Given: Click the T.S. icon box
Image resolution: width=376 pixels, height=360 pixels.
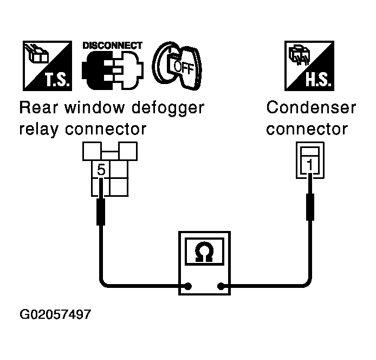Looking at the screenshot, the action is tap(47, 66).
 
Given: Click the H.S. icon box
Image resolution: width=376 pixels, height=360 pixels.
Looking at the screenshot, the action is tap(309, 66).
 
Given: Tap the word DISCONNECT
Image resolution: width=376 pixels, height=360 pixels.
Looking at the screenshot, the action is tap(113, 46).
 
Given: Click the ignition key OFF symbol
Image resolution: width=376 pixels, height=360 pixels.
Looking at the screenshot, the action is tap(177, 66).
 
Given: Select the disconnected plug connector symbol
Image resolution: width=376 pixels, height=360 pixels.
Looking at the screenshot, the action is tap(113, 70).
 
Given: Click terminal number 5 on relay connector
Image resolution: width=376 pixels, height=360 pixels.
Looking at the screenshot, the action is tap(101, 170).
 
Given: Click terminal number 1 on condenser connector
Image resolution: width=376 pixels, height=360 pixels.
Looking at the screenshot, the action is tap(310, 165).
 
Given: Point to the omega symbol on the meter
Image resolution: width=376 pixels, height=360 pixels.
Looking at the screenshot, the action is tap(204, 252).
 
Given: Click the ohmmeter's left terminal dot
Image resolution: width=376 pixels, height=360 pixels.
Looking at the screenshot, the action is tap(188, 286).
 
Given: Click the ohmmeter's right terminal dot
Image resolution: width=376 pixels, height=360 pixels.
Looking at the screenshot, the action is tap(221, 286).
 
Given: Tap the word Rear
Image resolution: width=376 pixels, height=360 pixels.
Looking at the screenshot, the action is tap(38, 107).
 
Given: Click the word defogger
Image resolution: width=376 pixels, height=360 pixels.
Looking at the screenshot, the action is tap(168, 108).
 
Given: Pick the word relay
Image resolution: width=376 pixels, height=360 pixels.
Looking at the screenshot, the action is tap(38, 130).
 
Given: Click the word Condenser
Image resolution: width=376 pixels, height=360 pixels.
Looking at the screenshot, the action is tap(311, 107).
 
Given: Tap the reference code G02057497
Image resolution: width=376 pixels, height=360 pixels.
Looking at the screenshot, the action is tap(55, 314).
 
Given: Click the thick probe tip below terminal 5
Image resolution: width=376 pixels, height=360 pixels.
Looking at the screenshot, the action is tap(101, 212).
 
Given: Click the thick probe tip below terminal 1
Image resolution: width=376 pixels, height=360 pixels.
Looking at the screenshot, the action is tap(310, 207).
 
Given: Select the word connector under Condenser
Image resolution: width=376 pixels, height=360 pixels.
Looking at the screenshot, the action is tap(307, 129).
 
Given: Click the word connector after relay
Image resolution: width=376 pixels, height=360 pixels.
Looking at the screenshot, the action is tap(106, 129).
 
